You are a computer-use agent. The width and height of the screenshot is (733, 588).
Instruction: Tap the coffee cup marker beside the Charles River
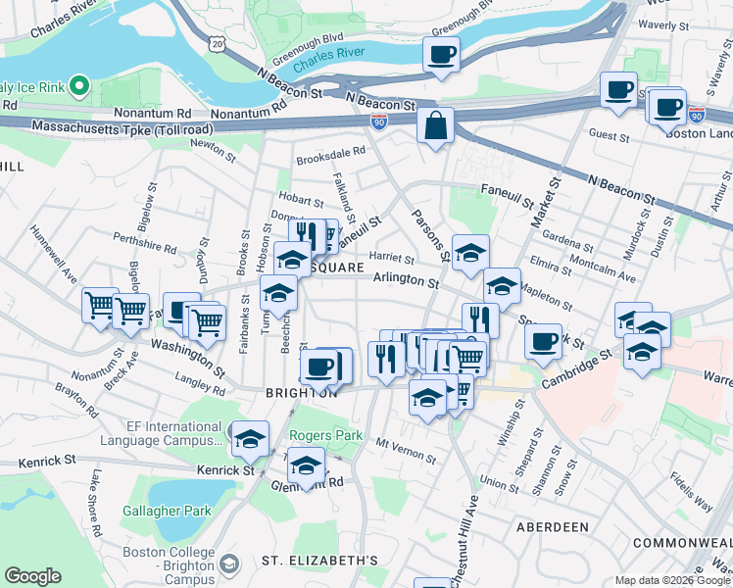(441, 55)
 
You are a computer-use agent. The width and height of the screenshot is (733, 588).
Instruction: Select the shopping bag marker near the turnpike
(435, 125)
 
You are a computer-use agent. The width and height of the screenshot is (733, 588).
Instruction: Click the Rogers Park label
(325, 435)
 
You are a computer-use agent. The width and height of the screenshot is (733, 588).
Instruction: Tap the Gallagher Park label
(167, 511)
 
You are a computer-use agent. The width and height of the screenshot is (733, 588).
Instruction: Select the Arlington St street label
(406, 281)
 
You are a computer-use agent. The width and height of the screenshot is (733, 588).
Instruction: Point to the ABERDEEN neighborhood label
(553, 527)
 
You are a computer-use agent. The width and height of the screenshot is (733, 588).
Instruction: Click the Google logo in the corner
(32, 575)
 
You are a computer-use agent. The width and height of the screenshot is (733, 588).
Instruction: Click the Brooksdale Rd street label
(330, 151)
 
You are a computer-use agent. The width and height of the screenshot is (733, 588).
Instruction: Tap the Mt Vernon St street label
(406, 451)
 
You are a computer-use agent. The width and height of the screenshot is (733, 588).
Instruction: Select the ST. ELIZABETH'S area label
(319, 561)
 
